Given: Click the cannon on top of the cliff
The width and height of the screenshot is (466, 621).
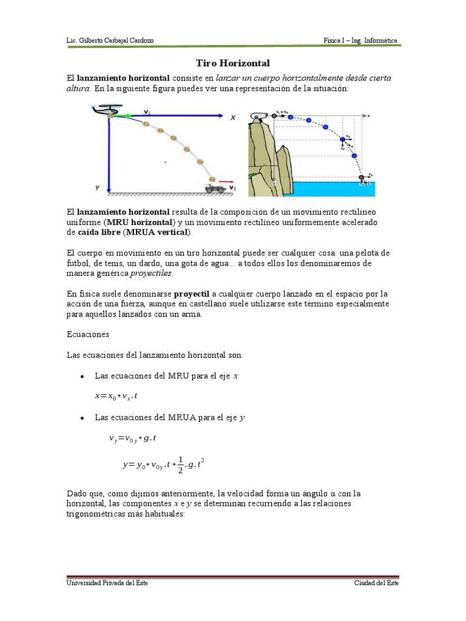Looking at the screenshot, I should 259,116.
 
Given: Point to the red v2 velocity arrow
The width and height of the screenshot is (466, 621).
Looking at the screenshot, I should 226,181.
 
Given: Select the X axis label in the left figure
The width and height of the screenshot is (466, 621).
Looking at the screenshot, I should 232,119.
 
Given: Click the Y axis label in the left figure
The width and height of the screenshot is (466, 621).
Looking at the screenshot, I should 96,189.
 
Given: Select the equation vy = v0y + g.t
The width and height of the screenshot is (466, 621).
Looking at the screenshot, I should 133,438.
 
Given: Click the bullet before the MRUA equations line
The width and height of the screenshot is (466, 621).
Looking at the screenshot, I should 81,418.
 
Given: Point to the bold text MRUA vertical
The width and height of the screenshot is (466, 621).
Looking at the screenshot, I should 157,232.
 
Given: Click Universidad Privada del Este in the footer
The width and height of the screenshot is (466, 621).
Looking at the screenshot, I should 107,583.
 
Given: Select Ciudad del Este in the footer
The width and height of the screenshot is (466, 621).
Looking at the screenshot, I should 376,583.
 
